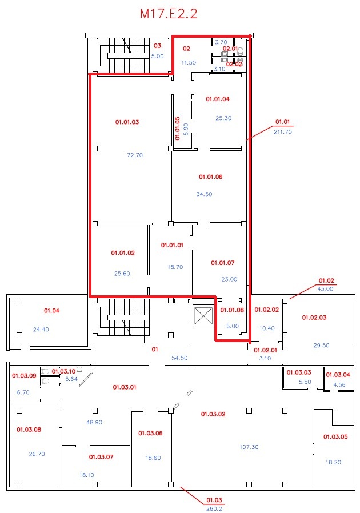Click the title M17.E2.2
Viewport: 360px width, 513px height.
click(169, 14)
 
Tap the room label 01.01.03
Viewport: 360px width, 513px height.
click(127, 122)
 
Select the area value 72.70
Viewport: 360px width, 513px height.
click(135, 155)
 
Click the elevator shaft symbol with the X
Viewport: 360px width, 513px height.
click(203, 316)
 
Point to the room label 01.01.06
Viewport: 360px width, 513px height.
click(210, 177)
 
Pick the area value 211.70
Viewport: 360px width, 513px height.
click(283, 132)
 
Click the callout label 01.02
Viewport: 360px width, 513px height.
click(326, 280)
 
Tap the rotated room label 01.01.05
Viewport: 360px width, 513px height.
click(177, 129)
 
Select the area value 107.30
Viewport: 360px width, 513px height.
click(249, 447)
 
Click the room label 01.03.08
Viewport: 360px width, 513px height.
click(29, 430)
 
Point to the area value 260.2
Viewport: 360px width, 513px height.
click(214, 509)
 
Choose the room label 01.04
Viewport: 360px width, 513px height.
click(51, 310)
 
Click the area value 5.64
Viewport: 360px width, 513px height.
click(71, 379)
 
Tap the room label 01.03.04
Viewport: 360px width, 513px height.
click(338, 375)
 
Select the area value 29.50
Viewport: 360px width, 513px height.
click(321, 346)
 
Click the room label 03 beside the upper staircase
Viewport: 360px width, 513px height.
click(157, 46)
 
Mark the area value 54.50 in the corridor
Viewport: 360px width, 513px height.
click(179, 358)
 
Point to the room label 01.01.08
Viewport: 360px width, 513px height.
click(232, 310)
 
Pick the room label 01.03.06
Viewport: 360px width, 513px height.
click(150, 433)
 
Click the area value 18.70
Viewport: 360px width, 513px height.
click(175, 267)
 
